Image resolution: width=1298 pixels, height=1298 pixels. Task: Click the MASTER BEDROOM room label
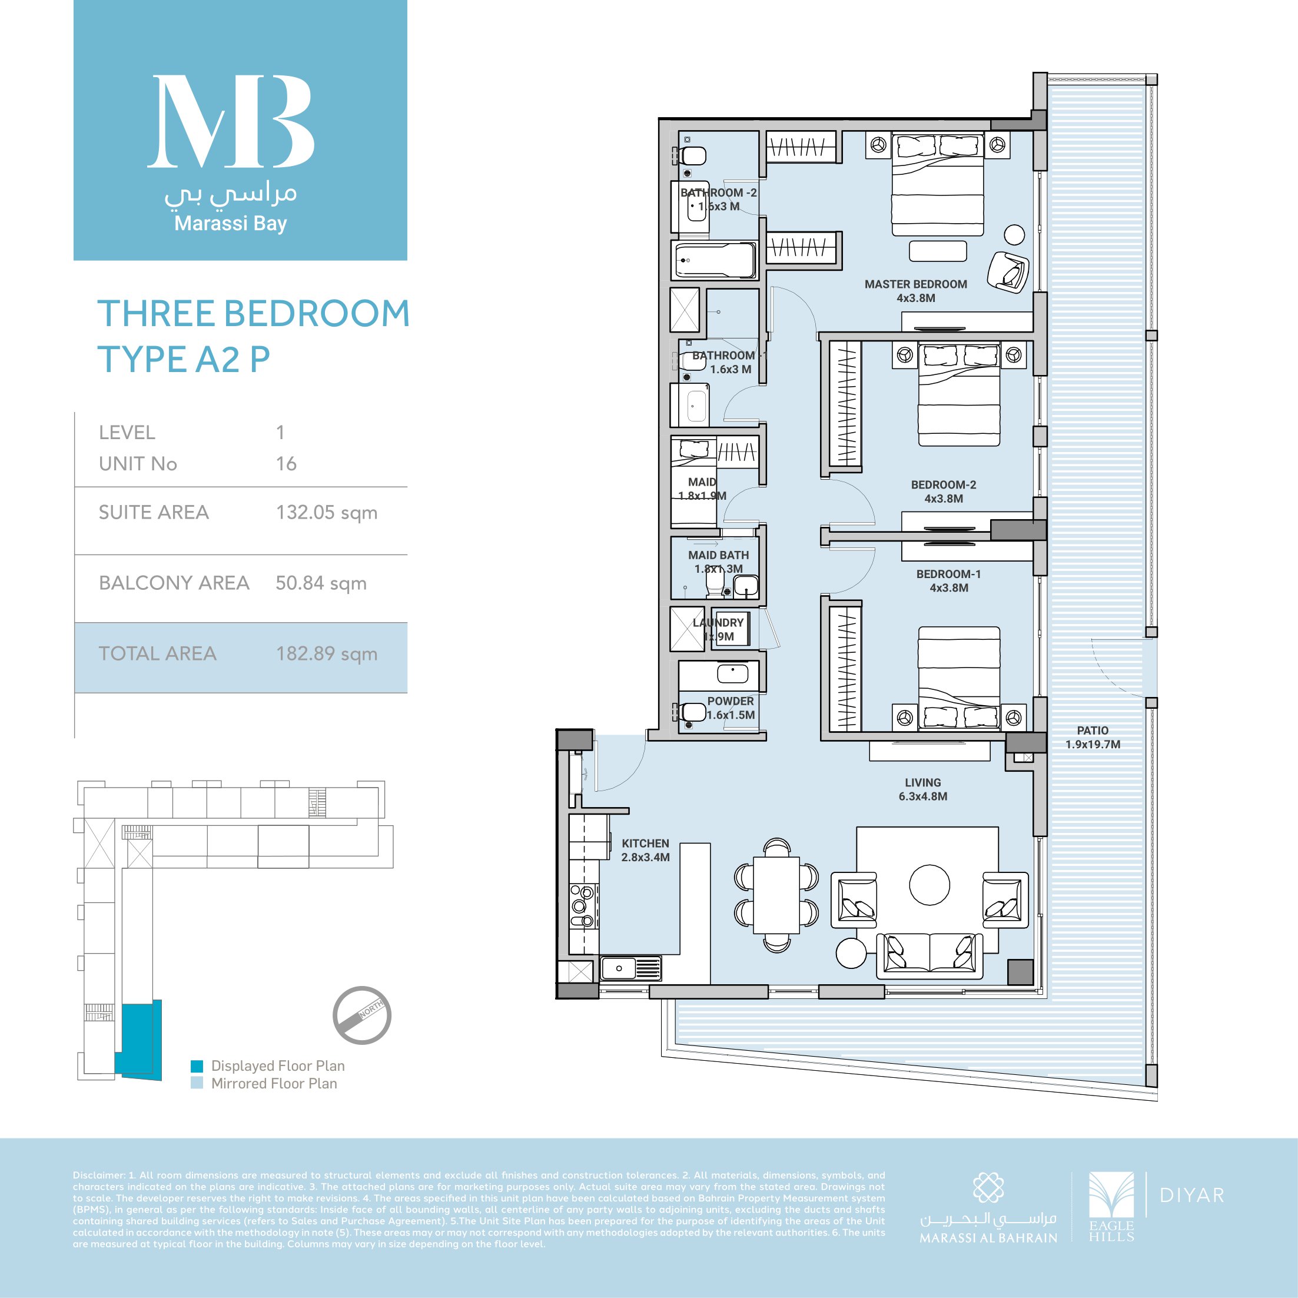tap(916, 284)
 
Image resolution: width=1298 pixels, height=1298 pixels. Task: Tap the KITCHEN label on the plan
tap(645, 843)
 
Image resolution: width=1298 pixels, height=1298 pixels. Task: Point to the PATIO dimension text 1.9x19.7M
tap(1093, 745)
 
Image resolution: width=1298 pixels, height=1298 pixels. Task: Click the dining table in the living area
tap(776, 895)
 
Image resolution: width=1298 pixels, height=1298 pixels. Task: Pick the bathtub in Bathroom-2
tap(715, 260)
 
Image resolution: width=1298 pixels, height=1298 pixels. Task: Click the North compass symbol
tap(362, 1015)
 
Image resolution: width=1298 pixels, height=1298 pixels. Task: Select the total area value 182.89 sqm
tap(327, 653)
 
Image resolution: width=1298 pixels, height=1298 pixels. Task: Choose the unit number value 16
tap(286, 464)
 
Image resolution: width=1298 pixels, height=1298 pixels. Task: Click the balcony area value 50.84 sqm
tap(321, 583)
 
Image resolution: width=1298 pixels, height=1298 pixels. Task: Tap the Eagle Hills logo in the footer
tap(1111, 1206)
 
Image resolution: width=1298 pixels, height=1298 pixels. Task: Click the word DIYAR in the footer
tap(1192, 1195)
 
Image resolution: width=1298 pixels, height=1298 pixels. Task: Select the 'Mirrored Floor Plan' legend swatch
tap(197, 1083)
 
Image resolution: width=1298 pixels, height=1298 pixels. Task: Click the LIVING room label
tap(922, 783)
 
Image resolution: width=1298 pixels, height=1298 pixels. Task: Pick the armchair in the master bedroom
tap(1007, 271)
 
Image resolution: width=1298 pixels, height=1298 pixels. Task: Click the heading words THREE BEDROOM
tap(253, 314)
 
